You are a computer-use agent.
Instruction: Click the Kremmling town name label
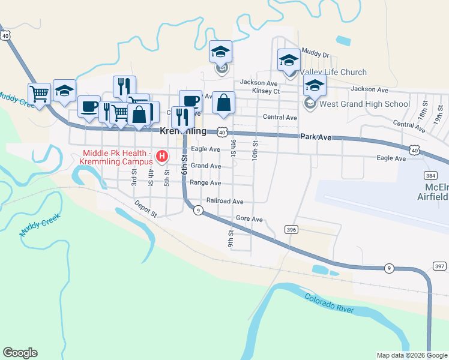183,131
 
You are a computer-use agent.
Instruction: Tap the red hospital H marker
161,157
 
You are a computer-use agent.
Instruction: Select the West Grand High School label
364,104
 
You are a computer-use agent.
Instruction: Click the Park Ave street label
316,137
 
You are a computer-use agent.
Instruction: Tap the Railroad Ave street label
224,202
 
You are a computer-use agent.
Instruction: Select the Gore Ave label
249,219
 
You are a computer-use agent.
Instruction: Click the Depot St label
145,209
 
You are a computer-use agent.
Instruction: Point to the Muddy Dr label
316,54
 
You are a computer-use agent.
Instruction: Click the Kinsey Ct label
267,91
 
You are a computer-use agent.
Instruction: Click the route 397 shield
440,266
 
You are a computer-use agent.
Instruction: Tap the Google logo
20,353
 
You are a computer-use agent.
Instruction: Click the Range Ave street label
205,183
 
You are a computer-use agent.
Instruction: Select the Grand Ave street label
206,166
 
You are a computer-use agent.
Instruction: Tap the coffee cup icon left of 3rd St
89,107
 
